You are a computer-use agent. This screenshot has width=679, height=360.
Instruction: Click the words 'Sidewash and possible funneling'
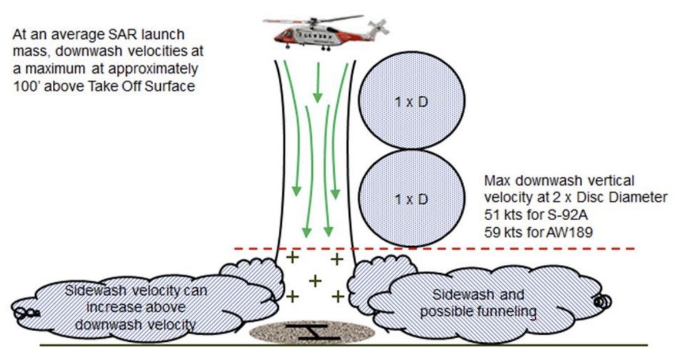[478, 303]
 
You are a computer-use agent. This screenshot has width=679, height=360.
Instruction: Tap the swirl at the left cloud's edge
[27, 314]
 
